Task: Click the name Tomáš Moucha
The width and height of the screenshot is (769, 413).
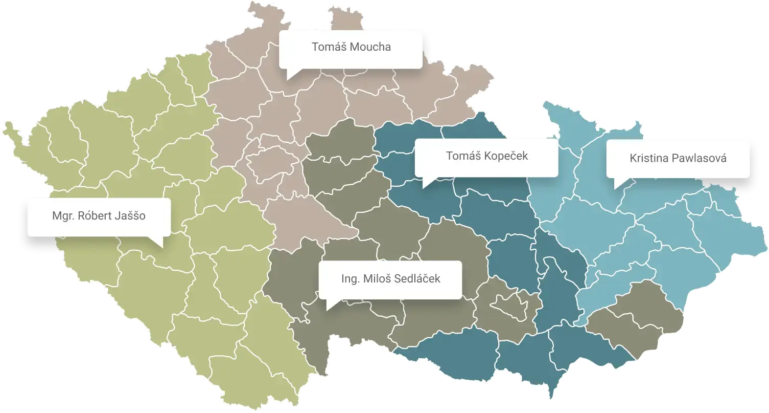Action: pyautogui.click(x=351, y=47)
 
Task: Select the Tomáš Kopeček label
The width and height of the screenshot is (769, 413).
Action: pyautogui.click(x=486, y=156)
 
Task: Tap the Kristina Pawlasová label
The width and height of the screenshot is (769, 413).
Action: pyautogui.click(x=678, y=158)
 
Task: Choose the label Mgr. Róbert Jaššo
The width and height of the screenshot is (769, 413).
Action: pyautogui.click(x=99, y=216)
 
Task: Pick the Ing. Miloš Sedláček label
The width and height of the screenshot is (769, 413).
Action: pyautogui.click(x=390, y=279)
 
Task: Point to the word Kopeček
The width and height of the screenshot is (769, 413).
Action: pyautogui.click(x=506, y=156)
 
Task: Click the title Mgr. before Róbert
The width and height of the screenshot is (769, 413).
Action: pyautogui.click(x=62, y=216)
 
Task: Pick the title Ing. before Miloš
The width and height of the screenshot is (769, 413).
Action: pyautogui.click(x=351, y=279)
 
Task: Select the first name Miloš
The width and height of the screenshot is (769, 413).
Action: pyautogui.click(x=377, y=279)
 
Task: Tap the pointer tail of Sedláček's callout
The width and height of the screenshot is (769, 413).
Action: pyautogui.click(x=330, y=305)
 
